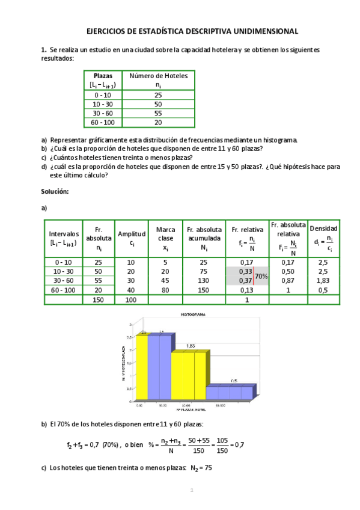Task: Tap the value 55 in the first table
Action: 159,113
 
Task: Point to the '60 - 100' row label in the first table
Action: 103,122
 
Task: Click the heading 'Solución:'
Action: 55,191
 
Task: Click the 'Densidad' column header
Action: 323,229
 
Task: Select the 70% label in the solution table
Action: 261,276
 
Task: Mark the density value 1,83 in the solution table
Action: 323,280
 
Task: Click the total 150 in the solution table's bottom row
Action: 99,299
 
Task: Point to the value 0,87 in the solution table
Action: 288,280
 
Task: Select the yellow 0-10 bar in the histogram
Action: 142,367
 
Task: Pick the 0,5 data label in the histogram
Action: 234,381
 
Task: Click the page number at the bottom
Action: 191,491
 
